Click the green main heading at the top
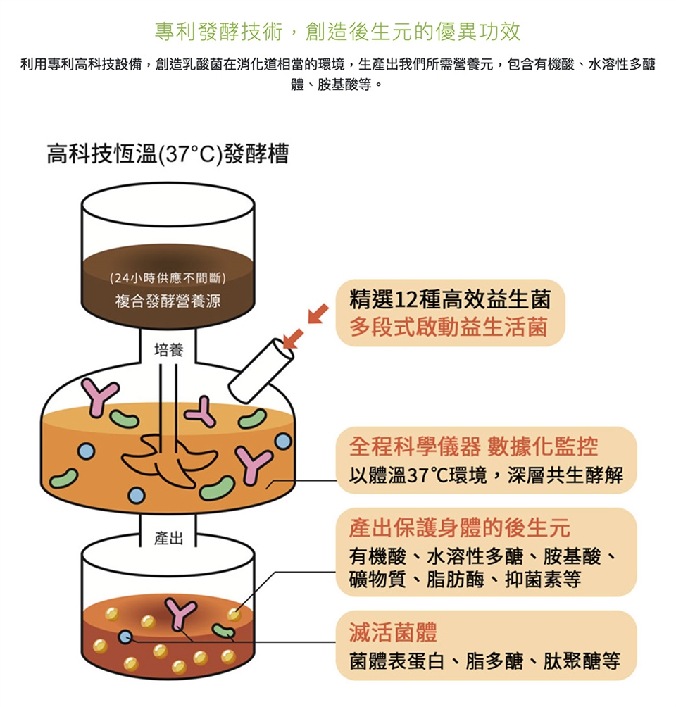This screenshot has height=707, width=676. [337, 31]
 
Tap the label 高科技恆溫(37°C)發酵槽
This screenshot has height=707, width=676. [168, 154]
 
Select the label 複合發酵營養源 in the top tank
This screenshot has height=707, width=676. [168, 301]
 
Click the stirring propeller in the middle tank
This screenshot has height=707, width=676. [170, 461]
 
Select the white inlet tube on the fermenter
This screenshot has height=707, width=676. [260, 369]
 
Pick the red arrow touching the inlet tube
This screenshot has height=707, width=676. [294, 338]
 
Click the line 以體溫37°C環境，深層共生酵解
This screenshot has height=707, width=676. [486, 475]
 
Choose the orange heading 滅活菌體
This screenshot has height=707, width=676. [393, 632]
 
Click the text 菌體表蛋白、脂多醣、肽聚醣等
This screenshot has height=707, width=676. [484, 661]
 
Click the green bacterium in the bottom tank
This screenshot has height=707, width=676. [225, 630]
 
